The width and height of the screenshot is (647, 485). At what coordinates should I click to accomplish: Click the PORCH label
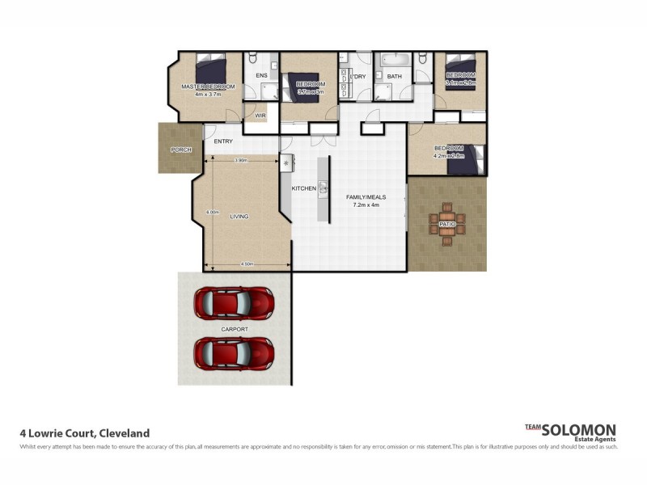[x=180, y=150]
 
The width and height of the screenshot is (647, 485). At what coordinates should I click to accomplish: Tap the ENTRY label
[x=223, y=141]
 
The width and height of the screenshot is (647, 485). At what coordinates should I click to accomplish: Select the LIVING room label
[x=239, y=217]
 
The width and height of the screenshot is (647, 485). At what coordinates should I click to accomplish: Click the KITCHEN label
[x=303, y=188]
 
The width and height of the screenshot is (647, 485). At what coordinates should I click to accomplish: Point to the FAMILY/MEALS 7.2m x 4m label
[x=366, y=200]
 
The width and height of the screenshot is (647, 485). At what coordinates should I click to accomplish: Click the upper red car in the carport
[x=233, y=302]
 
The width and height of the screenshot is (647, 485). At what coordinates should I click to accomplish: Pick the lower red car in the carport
[x=233, y=352]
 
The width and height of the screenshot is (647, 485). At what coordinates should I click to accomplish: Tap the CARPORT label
[x=234, y=330]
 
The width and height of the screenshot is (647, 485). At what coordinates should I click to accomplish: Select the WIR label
[x=260, y=116]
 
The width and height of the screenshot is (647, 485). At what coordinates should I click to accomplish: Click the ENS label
[x=261, y=77]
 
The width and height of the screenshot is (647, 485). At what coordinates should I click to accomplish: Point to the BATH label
[x=394, y=77]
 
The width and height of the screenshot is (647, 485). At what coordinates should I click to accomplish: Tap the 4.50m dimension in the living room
[x=247, y=264]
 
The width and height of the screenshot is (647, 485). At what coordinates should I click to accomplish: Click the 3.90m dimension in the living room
[x=240, y=160]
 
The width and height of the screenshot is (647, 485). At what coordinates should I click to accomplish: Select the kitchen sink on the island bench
[x=323, y=188]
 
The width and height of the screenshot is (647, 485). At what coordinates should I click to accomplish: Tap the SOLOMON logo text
[x=579, y=430]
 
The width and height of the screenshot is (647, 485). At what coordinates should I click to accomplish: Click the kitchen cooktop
[x=285, y=162]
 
